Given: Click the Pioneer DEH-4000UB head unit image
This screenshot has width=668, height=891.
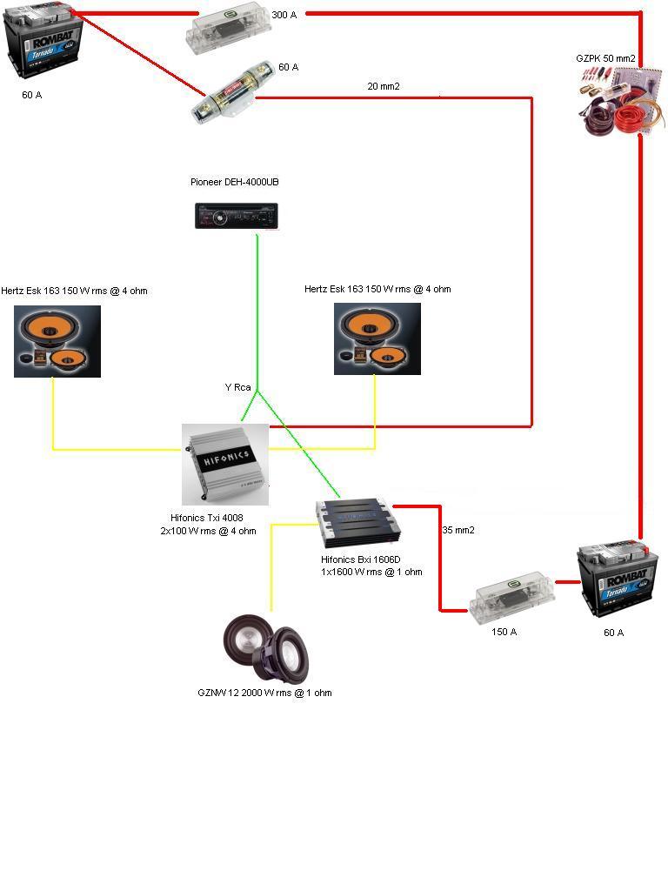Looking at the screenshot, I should tap(236, 216).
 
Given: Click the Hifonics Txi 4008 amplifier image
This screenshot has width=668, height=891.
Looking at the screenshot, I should tap(224, 464).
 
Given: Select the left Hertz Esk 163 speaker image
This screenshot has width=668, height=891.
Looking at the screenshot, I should tap(57, 340).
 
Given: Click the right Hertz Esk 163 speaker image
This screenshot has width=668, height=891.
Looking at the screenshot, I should tap(377, 338).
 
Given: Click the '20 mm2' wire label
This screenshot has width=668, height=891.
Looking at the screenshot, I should tap(384, 86).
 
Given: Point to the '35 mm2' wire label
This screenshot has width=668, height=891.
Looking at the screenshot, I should tap(458, 529).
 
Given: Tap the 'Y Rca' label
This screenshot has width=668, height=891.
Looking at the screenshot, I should tap(238, 387).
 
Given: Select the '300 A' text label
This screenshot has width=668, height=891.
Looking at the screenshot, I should tap(284, 16).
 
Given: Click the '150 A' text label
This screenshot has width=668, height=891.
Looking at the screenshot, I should tap(504, 632).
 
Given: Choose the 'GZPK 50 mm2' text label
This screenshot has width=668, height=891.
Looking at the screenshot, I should tap(605, 58).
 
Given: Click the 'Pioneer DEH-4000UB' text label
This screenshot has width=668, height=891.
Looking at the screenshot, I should tap(235, 182).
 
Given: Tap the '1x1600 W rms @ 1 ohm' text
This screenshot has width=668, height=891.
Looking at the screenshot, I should tap(372, 572).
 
